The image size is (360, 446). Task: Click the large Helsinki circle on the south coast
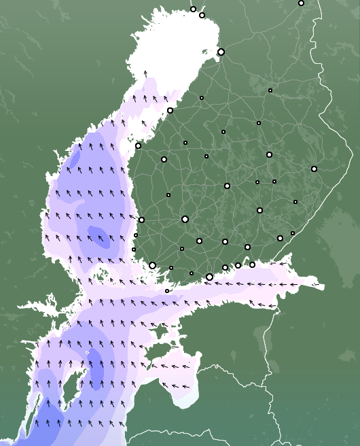209,277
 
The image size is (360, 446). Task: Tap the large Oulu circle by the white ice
221,52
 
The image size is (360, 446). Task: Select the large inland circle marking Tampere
185,219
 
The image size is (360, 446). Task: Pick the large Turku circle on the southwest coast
152,265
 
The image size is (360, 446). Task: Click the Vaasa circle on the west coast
138,145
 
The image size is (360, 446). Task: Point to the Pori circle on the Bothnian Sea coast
141,220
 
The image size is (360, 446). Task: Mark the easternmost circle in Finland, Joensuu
314,169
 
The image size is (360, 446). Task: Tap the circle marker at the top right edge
301,3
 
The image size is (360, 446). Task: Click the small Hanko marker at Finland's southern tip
167,291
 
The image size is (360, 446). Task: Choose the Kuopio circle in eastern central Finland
269,154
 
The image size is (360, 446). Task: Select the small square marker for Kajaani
270,90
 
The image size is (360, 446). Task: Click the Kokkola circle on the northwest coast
170,110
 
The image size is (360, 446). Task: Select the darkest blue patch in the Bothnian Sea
98,235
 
